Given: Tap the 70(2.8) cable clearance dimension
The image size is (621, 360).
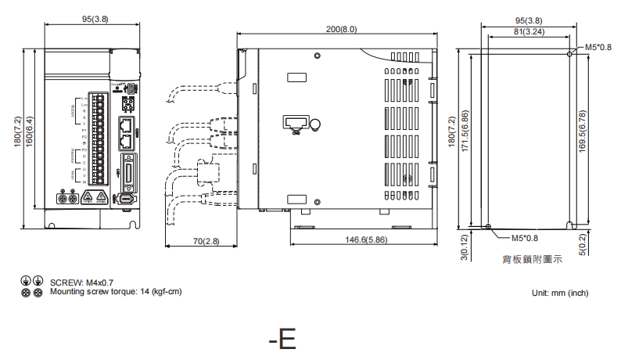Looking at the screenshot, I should pos(206,242).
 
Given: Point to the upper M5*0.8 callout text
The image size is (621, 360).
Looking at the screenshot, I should pos(598,47).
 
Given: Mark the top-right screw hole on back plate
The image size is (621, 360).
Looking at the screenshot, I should pos(569,54).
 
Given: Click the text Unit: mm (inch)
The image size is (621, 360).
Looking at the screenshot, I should pos(559,293).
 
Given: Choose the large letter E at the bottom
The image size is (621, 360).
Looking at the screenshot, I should pos(287,339).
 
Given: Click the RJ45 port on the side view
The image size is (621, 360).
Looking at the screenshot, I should pos(294,122).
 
